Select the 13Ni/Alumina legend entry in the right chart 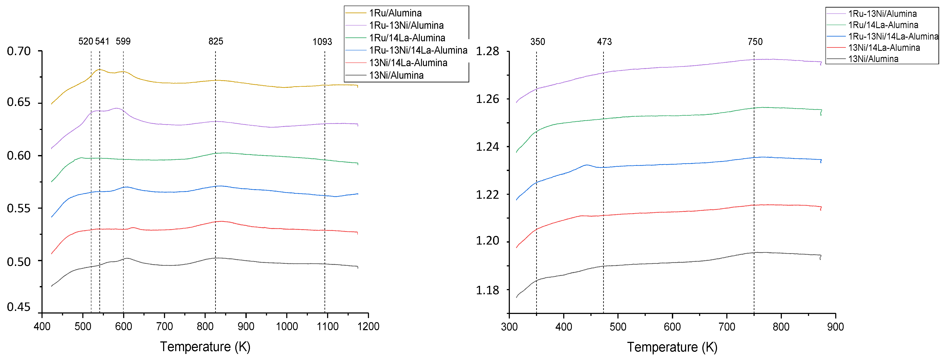pos(873,59)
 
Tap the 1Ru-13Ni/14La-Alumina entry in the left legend pos(418,50)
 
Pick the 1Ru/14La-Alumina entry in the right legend pos(883,25)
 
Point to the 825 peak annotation pos(216,41)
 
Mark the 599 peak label pos(123,41)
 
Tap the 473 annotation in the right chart pos(604,42)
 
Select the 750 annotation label pos(755,42)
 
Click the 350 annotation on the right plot pos(537,42)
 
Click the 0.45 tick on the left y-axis pos(19,307)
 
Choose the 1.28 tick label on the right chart pos(487,51)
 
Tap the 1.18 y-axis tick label pos(487,290)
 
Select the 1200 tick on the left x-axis pos(368,326)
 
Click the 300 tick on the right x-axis pos(509,327)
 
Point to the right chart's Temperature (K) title pos(672,347)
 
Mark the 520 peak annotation pos(86,41)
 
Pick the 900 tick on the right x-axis pos(835,327)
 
